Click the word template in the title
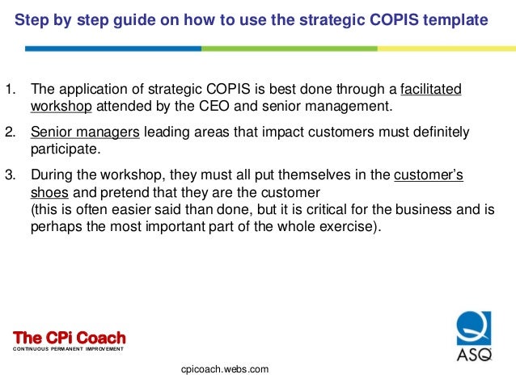pyautogui.click(x=459, y=19)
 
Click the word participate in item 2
pyautogui.click(x=64, y=149)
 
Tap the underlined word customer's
pyautogui.click(x=428, y=175)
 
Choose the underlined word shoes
pyautogui.click(x=49, y=192)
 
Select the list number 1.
pyautogui.click(x=10, y=90)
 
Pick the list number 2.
pyautogui.click(x=10, y=132)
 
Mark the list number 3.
pyautogui.click(x=10, y=175)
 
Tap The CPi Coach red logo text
pyautogui.click(x=70, y=337)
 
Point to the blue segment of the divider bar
pyautogui.click(x=113, y=48)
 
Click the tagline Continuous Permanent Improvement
pyautogui.click(x=70, y=349)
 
